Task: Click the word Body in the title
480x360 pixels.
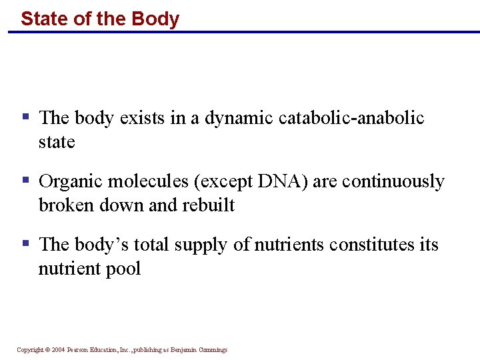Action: click(155, 19)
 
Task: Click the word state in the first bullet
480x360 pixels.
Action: click(57, 142)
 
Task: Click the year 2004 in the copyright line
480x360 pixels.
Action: click(58, 350)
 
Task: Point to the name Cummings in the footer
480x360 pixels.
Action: click(212, 350)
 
